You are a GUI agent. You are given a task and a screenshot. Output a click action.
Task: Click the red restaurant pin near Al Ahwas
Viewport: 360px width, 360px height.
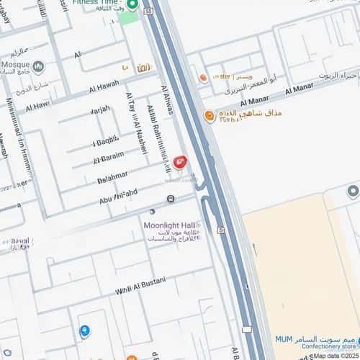pos(179,162)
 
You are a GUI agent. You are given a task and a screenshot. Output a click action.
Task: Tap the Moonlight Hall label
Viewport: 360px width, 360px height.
pos(171,225)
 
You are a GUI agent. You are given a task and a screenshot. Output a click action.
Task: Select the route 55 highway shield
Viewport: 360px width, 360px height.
pos(148,12)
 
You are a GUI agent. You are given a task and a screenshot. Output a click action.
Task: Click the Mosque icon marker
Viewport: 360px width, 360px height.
pos(38,67)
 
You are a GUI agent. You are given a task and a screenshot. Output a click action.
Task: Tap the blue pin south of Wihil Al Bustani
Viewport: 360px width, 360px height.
pos(85,330)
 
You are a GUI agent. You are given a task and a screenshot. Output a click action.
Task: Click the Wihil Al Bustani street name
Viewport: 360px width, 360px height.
pos(141,285)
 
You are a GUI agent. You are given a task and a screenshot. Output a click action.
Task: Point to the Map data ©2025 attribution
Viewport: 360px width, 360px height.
pos(336,356)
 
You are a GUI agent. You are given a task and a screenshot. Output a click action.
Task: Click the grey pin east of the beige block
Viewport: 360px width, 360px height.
pos(352,191)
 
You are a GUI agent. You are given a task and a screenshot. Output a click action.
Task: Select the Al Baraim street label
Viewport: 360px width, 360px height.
pos(109,157)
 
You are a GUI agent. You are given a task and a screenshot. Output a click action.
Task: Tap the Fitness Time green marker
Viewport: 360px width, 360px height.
pos(132,5)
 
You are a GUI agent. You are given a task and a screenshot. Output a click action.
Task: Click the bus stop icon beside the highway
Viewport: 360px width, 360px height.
pos(220,230)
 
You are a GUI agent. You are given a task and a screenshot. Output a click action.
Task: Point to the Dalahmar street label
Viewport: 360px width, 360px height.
pos(111,175)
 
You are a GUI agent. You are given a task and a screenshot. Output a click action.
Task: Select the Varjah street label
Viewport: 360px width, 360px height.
pos(101,112)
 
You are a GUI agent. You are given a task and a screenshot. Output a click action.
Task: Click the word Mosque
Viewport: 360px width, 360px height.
pos(15,63)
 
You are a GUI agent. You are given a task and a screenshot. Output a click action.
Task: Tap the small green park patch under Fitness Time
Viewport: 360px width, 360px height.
pos(130,17)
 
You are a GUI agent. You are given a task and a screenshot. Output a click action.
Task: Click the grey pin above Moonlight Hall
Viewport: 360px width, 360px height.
pos(151,212)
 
